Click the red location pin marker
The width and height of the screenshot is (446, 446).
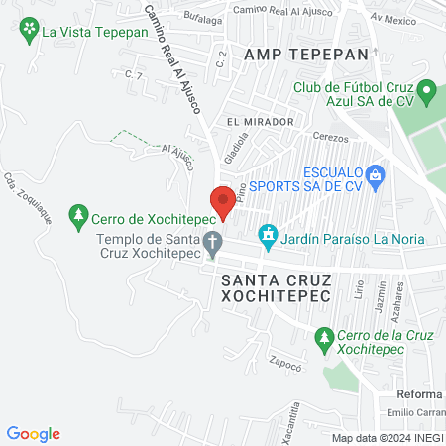223,201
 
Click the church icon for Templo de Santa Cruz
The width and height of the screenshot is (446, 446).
211,241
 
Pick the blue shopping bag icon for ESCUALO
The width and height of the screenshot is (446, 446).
375,177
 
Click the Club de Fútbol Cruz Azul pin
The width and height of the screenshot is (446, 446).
427,96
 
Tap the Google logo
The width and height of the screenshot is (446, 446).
34,434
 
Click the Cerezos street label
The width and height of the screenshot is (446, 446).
331,139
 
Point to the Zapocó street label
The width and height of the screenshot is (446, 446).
283,364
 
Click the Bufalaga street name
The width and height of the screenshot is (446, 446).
202,19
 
